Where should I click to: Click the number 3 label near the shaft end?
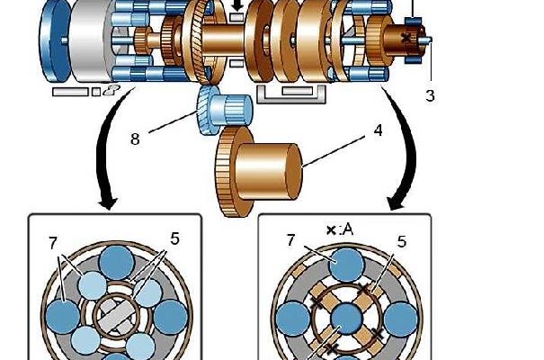pos(430,94)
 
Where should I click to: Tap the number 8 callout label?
pos(134,139)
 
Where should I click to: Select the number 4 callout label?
pos(378,131)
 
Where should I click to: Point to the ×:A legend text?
pos(340,230)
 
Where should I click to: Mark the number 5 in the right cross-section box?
pos(403,240)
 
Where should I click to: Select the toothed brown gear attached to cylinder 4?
pos(232,171)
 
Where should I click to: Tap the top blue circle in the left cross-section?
pos(117,264)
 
